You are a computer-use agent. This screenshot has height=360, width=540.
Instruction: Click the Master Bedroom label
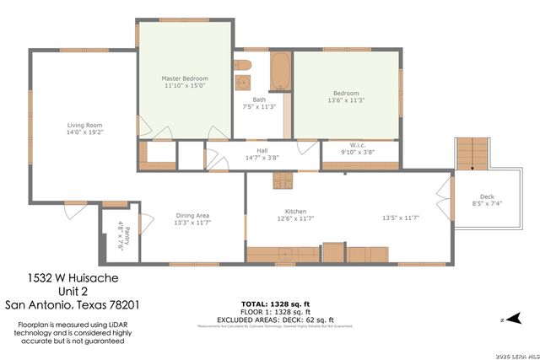(x=184, y=78)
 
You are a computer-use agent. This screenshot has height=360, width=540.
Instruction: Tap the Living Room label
(x=84, y=126)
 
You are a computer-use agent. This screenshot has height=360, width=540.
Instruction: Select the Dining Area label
(x=192, y=214)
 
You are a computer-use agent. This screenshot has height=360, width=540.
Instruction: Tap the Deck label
(x=487, y=196)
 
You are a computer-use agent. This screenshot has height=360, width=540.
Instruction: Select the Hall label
(x=262, y=150)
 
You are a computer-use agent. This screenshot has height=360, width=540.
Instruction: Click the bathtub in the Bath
(x=280, y=72)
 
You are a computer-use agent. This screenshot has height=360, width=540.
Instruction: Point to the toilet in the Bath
(x=241, y=65)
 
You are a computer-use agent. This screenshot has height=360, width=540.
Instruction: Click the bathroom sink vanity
(x=243, y=83)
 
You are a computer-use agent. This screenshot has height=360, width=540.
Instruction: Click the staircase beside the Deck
(x=468, y=154)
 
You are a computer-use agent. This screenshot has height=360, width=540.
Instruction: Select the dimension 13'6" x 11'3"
(x=346, y=100)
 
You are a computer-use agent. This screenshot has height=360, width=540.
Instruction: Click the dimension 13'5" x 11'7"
(x=401, y=218)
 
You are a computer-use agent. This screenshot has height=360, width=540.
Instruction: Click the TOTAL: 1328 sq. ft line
(x=278, y=303)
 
